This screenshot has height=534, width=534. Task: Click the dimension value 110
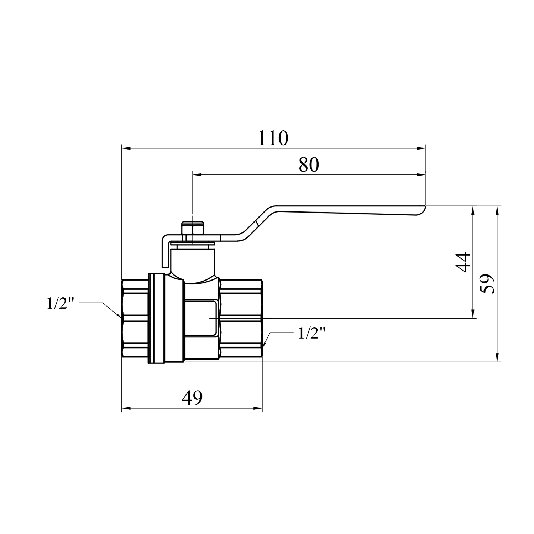[273, 138]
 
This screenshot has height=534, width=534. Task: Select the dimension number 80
[309, 165]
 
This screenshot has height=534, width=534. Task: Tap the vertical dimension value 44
[463, 262]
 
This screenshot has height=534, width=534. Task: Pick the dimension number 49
[192, 398]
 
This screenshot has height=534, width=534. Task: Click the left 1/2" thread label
[61, 304]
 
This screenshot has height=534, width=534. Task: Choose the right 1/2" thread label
[312, 334]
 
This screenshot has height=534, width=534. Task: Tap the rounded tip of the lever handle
[424, 210]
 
